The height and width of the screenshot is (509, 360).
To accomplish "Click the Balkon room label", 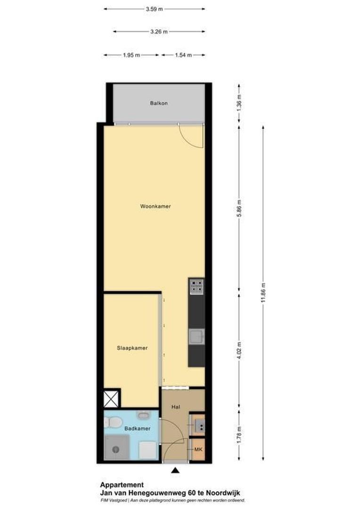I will [x=159, y=103].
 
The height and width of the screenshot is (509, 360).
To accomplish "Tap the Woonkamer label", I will [x=155, y=206].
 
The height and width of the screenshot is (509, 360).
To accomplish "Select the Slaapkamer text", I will [x=132, y=348].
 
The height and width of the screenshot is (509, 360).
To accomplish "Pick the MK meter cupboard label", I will [x=198, y=450].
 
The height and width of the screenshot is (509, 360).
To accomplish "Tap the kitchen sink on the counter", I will [x=196, y=337].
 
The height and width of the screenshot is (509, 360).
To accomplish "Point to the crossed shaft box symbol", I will [x=112, y=398].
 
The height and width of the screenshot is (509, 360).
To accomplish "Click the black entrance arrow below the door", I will [x=175, y=469].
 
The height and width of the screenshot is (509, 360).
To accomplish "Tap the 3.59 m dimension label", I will [x=155, y=8].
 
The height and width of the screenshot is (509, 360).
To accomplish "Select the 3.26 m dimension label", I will [x=158, y=32].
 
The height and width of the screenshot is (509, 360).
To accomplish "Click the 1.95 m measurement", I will [x=131, y=55].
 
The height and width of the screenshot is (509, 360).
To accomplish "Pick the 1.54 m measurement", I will [x=183, y=55].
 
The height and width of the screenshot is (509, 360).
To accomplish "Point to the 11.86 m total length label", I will [x=263, y=294].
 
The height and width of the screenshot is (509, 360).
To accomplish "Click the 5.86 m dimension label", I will [x=239, y=208].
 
